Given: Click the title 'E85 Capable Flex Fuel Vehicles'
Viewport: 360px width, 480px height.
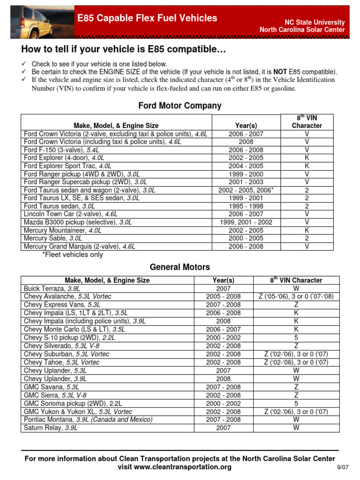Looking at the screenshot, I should click(x=147, y=18).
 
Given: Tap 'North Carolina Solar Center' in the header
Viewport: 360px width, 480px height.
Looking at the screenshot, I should click(x=302, y=30).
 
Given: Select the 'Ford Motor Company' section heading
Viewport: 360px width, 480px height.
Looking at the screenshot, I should click(x=180, y=106).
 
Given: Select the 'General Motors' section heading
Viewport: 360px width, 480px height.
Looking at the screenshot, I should click(x=180, y=267).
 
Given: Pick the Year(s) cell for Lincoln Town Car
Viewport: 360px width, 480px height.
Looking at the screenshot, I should click(x=246, y=214).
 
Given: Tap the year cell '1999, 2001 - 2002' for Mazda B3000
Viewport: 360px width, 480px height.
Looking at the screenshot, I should click(x=246, y=222).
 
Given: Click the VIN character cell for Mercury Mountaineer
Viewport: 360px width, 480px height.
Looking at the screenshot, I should click(x=307, y=230).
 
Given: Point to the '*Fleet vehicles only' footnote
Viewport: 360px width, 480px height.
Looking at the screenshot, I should click(x=73, y=255).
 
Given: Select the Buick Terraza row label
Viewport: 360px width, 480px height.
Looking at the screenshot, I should click(x=51, y=288).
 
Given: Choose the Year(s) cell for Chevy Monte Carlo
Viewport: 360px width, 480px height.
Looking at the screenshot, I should click(x=223, y=330).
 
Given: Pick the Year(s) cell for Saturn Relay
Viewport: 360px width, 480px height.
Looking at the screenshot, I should click(x=223, y=428).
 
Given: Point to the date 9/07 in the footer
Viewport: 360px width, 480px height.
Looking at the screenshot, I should click(x=343, y=468).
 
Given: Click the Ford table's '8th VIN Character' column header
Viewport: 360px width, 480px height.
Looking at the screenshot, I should click(x=307, y=122).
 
